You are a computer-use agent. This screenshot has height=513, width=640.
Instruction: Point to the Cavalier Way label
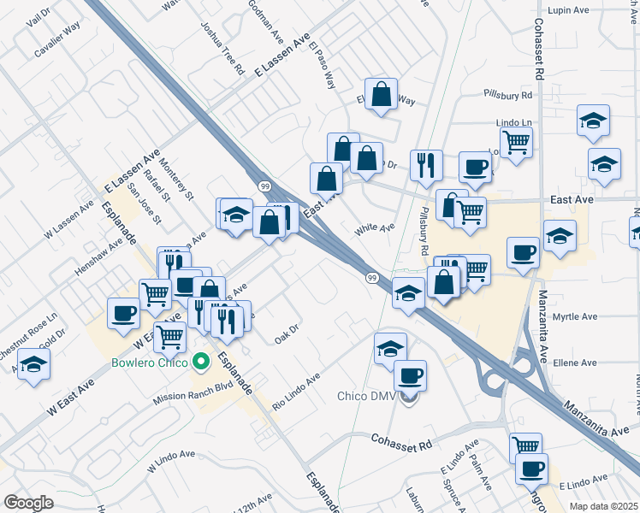(x=58, y=40)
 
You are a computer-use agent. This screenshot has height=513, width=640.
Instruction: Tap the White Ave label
(x=375, y=228)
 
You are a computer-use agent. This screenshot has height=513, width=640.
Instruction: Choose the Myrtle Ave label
(x=574, y=316)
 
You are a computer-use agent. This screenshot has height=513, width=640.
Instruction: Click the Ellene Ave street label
(x=575, y=363)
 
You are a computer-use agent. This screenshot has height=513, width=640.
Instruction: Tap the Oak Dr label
(x=287, y=330)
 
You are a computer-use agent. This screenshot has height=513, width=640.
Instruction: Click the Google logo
(x=27, y=503)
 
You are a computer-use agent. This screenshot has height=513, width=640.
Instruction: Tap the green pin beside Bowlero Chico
(x=201, y=362)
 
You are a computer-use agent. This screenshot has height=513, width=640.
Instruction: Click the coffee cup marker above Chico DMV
(x=410, y=374)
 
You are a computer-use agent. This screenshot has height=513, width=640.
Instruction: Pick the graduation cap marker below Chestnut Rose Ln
(x=33, y=364)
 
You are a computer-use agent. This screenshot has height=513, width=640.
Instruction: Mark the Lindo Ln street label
(x=514, y=123)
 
